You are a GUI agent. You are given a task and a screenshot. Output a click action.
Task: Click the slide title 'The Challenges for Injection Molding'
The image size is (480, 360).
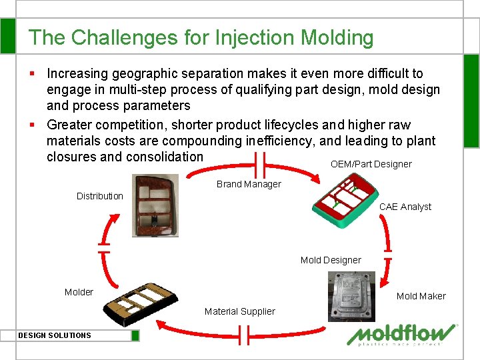[201, 37]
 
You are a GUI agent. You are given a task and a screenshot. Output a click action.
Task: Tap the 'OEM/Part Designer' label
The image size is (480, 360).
[371, 164]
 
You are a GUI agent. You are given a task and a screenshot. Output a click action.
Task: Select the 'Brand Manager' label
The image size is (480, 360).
[249, 184]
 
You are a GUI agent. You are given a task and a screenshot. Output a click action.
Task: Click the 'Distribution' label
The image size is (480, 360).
[100, 196]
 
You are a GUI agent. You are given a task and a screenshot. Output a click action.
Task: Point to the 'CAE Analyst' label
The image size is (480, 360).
[405, 207]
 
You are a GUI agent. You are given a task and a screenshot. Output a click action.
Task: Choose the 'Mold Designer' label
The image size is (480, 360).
[331, 260]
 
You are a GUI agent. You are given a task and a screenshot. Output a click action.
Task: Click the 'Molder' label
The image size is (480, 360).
[79, 292]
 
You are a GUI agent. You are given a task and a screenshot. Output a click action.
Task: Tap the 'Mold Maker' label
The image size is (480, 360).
[421, 296]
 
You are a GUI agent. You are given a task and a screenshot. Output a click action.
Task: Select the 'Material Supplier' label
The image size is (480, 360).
[239, 311]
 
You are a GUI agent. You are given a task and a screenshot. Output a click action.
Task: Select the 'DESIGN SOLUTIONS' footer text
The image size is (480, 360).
[55, 335]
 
